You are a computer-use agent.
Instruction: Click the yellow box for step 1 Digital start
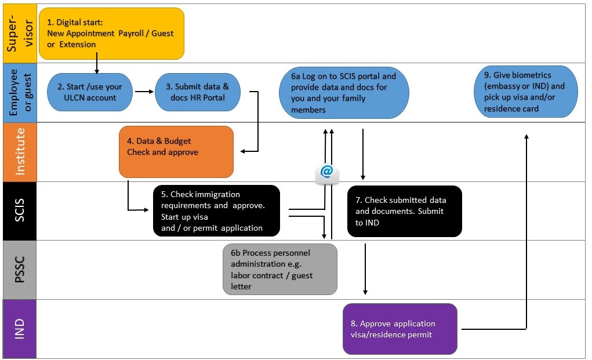(111, 33)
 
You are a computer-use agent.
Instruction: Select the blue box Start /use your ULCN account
(90, 92)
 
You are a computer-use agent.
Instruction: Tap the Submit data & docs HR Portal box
(197, 92)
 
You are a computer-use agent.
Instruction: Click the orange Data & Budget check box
(176, 151)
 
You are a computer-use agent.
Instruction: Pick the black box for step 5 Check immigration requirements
(216, 211)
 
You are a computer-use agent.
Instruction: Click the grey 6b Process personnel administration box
(279, 269)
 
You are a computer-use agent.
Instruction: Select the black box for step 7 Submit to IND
(404, 211)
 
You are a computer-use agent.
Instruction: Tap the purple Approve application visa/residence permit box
(399, 329)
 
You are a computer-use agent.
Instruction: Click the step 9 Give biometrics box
(526, 92)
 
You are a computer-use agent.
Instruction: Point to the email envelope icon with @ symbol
(326, 173)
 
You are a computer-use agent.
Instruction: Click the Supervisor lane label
(19, 33)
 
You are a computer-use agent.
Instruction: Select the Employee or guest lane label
(19, 93)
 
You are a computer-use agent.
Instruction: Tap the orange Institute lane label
(19, 152)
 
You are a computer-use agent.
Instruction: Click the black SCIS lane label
(19, 211)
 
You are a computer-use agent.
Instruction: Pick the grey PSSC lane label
(19, 270)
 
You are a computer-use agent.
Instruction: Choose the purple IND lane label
(19, 329)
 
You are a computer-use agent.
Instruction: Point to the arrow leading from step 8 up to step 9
(526, 232)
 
